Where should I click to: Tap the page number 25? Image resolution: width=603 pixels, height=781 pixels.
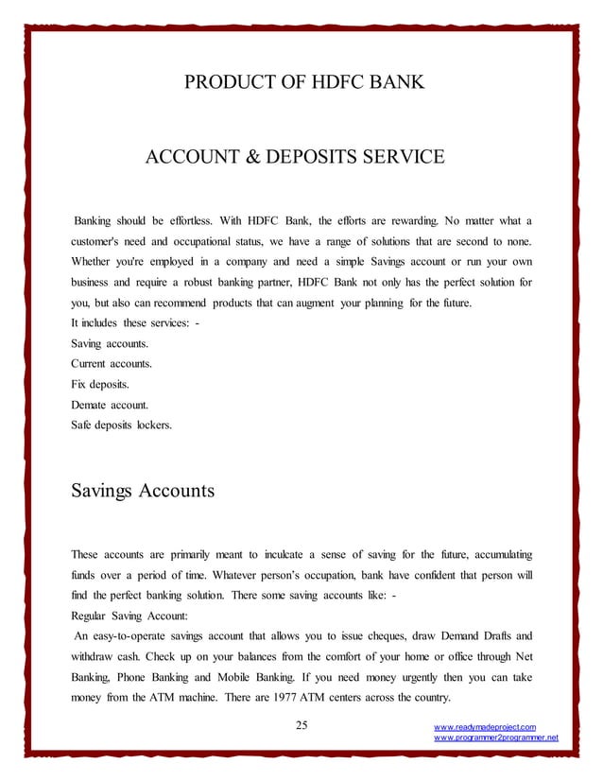[301, 725]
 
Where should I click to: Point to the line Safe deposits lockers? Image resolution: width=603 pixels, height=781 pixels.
[122, 425]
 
